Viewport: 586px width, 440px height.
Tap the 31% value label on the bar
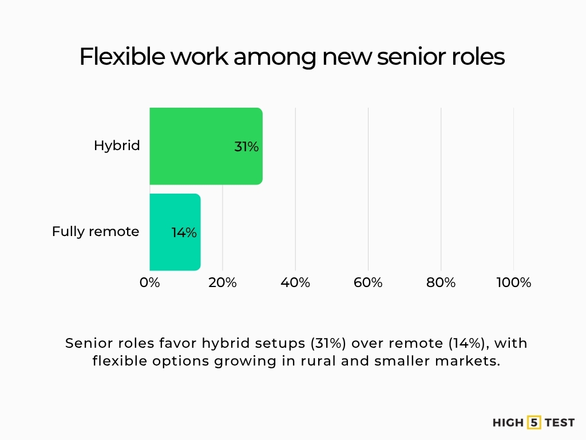coord(246,147)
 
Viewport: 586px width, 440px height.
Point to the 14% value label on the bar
coord(184,233)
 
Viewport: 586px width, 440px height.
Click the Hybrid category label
coord(117,146)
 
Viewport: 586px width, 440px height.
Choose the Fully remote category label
coord(96,231)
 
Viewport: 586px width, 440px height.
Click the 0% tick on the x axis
coord(150,282)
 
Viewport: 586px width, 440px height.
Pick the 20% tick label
coord(223,282)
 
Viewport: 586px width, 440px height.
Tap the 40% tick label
coord(295,282)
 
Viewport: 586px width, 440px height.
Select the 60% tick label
coord(368,282)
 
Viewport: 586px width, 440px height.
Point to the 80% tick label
coord(441,282)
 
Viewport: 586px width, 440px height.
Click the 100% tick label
coord(513,282)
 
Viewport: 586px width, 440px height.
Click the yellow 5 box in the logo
coord(534,423)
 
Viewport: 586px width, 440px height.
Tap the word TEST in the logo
coord(559,423)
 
